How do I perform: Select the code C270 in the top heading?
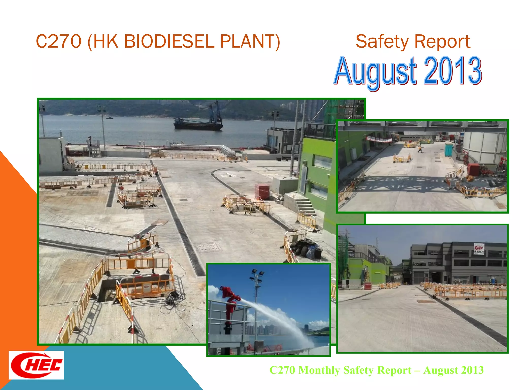coord(59,41)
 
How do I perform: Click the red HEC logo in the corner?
coord(36,365)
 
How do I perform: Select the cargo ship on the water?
coord(198,123)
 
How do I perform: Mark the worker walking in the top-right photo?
coord(420,148)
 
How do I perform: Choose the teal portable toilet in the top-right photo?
coord(449,150)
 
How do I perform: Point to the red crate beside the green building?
coord(262,191)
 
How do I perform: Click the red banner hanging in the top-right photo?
coord(379,139)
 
